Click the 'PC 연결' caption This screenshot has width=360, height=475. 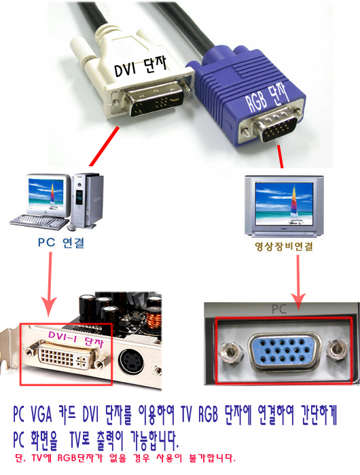pyautogui.click(x=61, y=243)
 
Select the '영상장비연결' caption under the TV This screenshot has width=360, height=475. pyautogui.click(x=284, y=246)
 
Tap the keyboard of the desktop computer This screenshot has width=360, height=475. pyautogui.click(x=39, y=222)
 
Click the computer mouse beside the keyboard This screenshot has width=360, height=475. pyautogui.click(x=71, y=227)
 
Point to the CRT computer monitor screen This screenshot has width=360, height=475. pyautogui.click(x=46, y=192)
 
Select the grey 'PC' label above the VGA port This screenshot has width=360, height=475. pyautogui.click(x=278, y=309)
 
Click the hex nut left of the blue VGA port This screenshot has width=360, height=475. pyautogui.click(x=230, y=352)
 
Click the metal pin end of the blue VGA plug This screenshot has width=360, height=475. pyautogui.click(x=275, y=128)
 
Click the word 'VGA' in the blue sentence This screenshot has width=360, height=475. pyautogui.click(x=41, y=415)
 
